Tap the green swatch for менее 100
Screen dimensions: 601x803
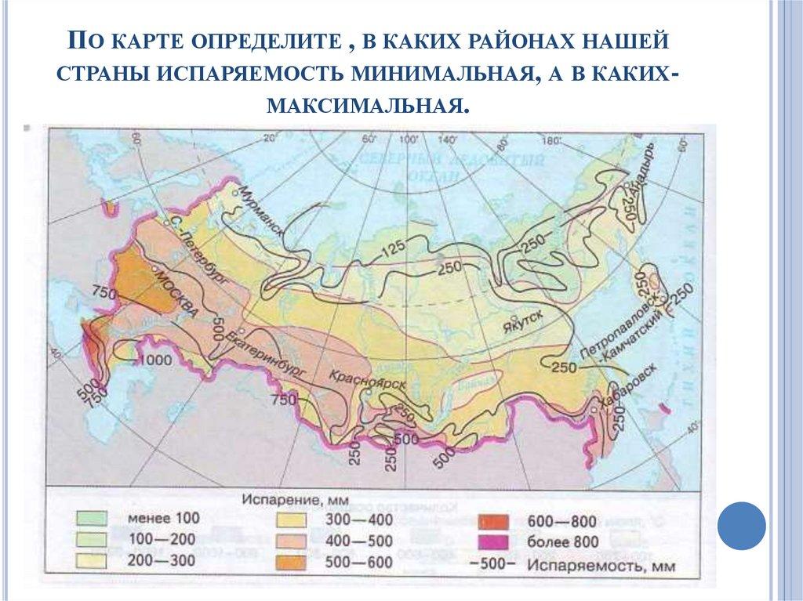(92, 517)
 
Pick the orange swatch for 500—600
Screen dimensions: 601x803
(292, 561)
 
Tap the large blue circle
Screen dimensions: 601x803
(741, 525)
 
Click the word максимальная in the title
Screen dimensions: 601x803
(368, 103)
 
